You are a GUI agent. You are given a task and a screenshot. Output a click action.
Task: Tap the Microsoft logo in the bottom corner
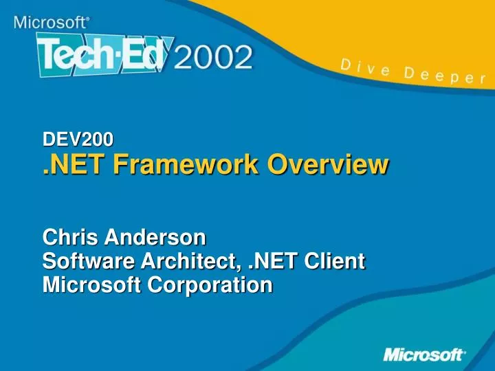423,355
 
